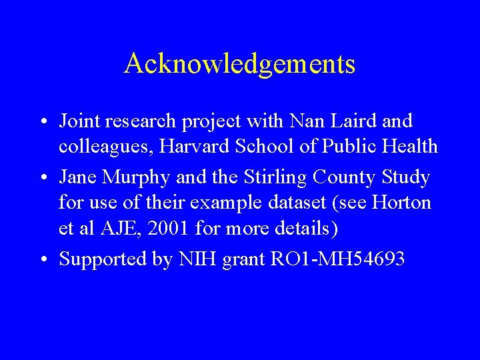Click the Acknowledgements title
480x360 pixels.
(x=239, y=65)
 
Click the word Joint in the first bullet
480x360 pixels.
(x=76, y=121)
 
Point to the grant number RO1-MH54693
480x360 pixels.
(x=337, y=258)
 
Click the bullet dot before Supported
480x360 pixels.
(x=41, y=259)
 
